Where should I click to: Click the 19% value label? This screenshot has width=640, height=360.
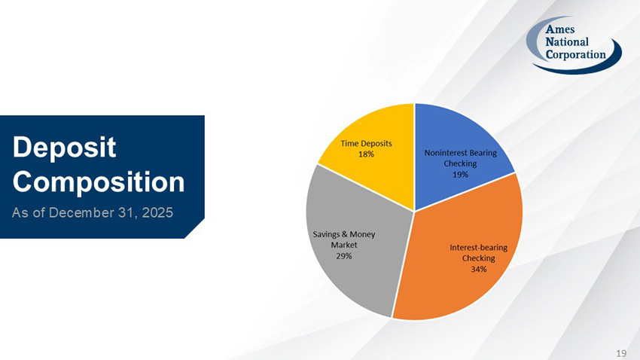tap(460, 174)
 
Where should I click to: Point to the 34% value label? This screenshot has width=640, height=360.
tap(478, 269)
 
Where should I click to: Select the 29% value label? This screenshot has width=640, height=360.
tap(344, 255)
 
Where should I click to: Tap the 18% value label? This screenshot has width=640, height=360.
tap(366, 154)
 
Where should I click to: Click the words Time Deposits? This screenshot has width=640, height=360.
tap(366, 143)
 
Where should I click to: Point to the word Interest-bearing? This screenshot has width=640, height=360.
tap(478, 247)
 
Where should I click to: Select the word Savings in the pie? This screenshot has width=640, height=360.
tap(326, 234)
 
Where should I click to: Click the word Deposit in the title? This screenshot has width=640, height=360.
tap(64, 148)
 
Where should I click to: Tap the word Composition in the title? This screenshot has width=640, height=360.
tap(99, 182)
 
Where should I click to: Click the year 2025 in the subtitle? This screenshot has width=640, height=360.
tap(156, 212)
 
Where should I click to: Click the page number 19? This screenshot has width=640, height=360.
tap(621, 352)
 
